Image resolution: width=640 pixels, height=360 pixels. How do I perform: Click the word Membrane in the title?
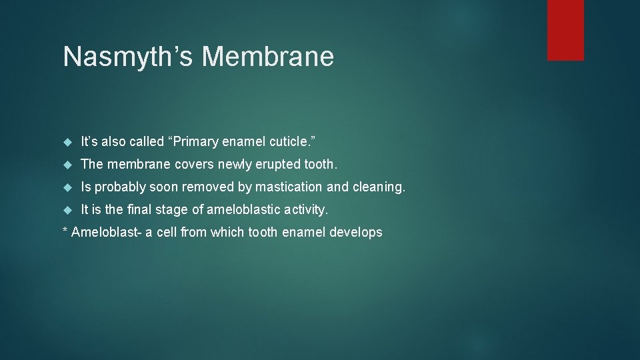tap(267, 57)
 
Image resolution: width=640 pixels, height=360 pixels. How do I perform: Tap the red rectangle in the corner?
tap(565, 30)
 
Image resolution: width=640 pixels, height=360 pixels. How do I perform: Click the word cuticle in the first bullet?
tap(291, 141)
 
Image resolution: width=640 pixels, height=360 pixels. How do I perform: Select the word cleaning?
tap(377, 187)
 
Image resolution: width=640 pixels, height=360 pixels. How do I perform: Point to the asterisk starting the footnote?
tap(65, 232)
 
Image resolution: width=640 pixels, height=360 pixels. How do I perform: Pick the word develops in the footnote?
tap(359, 232)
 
